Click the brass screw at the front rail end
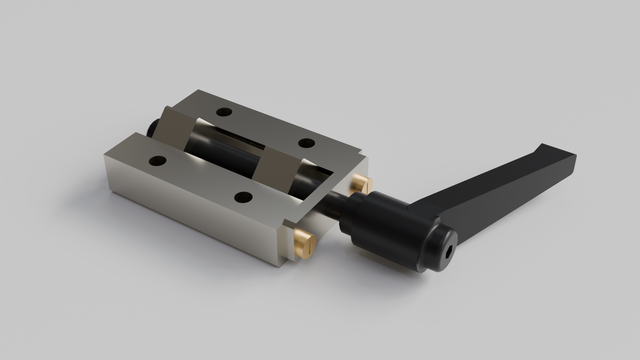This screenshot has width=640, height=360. pos(303,241)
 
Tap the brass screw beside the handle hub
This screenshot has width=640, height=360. pos(362,184)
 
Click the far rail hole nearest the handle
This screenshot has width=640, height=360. pos(306,143)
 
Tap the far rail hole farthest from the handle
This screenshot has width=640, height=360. pos(224,111)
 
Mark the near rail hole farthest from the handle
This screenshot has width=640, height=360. pos(157,160)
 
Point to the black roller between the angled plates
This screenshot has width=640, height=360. pos(225,150)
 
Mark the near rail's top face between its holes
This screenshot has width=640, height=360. pos(200,178)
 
